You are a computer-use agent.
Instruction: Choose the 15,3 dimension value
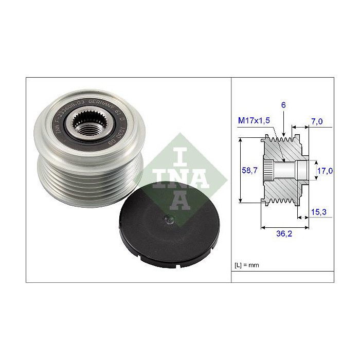click(x=318, y=212)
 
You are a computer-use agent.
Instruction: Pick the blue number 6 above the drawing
click(x=283, y=105)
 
